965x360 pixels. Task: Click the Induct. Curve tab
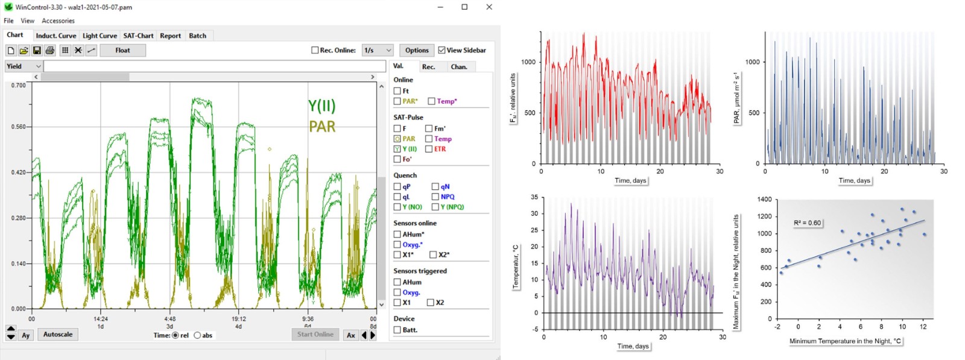click(x=55, y=36)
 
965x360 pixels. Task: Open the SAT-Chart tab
click(x=138, y=36)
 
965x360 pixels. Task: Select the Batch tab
click(x=197, y=36)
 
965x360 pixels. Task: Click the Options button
click(x=417, y=50)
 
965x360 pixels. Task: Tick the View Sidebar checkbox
click(x=442, y=50)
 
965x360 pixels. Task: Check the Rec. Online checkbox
click(x=315, y=50)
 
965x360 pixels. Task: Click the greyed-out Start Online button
click(x=315, y=334)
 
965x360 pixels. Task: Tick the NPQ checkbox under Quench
click(x=435, y=197)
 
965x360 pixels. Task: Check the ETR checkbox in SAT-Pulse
click(x=429, y=149)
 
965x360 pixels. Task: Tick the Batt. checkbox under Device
click(x=397, y=330)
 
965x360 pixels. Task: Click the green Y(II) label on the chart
click(x=321, y=106)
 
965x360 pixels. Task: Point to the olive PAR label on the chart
click(x=322, y=127)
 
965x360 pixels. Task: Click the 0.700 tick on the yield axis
click(x=19, y=86)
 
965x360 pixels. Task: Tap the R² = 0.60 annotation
click(x=807, y=223)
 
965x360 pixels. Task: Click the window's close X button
click(x=489, y=7)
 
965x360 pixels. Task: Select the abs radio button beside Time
click(x=197, y=335)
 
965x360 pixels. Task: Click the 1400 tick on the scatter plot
click(x=764, y=199)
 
